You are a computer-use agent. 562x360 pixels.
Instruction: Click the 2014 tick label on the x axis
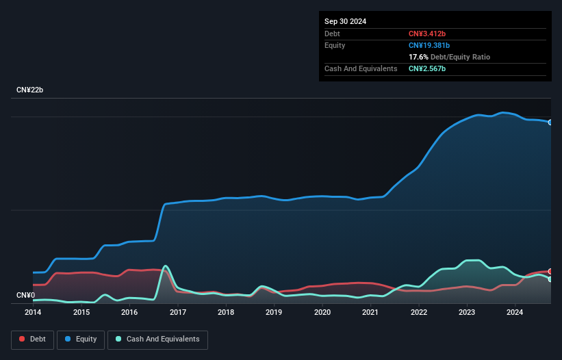(33, 312)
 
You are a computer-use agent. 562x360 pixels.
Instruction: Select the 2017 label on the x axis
(178, 312)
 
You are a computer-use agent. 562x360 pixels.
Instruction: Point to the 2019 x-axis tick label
(274, 312)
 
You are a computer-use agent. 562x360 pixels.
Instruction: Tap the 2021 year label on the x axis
(370, 312)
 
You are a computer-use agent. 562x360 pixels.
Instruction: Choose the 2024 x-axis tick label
(515, 312)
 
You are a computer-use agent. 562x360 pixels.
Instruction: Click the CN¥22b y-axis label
(30, 90)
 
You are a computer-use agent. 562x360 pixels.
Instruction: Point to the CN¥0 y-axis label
(25, 295)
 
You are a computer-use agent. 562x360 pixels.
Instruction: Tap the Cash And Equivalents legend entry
(157, 339)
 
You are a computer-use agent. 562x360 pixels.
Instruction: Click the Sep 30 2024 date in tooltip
(345, 21)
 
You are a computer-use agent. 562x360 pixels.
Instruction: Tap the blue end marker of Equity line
(550, 122)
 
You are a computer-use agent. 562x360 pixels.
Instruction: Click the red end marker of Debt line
(550, 272)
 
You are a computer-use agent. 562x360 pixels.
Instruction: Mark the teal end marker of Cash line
(550, 279)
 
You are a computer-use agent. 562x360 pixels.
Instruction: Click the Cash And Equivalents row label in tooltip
(361, 68)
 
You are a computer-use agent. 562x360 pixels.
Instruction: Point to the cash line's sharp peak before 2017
(165, 266)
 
